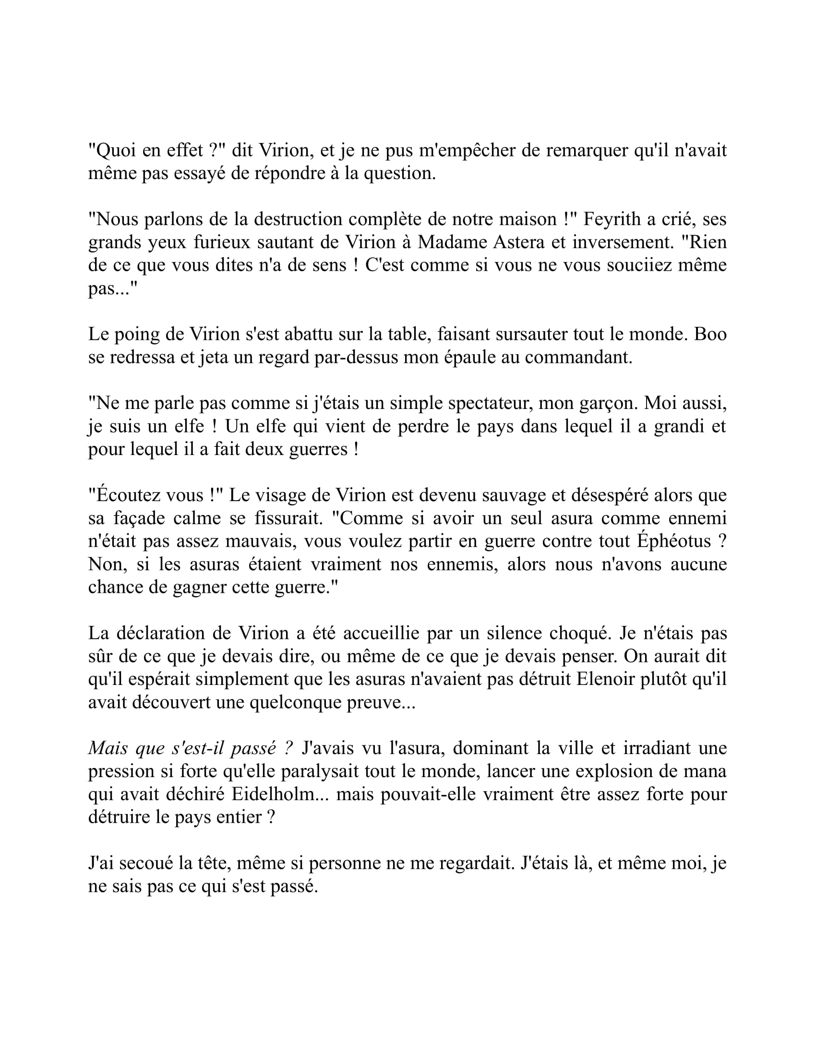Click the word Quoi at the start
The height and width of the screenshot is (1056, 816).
(113, 151)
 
